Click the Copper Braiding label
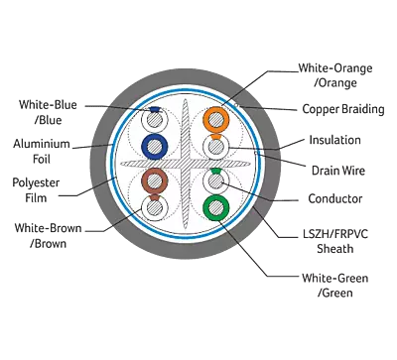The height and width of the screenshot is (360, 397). point(343,109)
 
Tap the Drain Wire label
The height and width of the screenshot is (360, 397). point(338,171)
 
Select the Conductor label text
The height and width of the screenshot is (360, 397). point(335,198)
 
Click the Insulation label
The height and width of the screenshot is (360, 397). point(334,140)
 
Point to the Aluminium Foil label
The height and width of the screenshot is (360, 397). point(42,152)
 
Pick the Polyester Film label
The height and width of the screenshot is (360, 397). point(36,190)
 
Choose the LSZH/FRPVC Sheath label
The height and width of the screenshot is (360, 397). point(335,241)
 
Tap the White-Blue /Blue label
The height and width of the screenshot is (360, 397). point(48,112)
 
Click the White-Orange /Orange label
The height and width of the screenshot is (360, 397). point(335,75)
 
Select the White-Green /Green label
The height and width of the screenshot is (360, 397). point(334,285)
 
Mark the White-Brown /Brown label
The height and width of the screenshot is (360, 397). point(48,236)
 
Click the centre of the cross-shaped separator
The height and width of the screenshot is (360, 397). point(186,164)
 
